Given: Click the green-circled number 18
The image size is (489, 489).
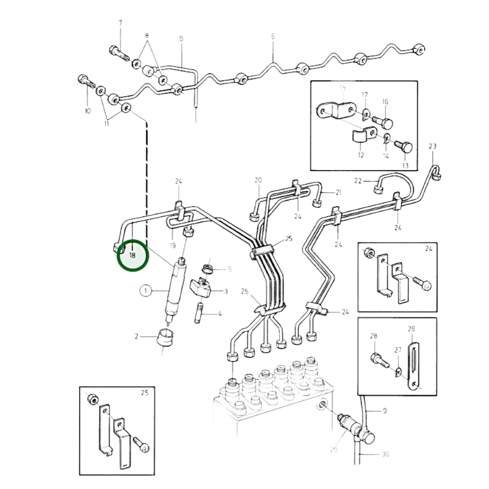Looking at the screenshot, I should tap(132, 255).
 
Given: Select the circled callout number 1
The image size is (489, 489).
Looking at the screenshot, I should tap(146, 291).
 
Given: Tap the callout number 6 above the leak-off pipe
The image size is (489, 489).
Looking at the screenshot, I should tap(273, 37).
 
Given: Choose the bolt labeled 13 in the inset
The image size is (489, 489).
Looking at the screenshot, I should tap(404, 148).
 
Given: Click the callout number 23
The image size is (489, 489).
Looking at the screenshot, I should tap(432, 146).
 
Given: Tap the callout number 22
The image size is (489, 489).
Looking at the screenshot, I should tap(358, 181).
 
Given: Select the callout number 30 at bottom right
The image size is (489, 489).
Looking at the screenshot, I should tap(385, 454).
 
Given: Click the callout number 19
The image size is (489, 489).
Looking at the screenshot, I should tap(173, 245).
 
